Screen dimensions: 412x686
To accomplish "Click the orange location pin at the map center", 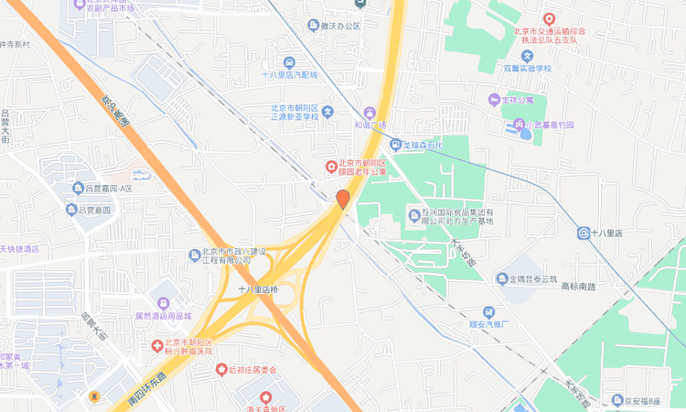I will tap(343, 199).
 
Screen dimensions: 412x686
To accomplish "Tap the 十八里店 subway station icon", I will tap(584, 233).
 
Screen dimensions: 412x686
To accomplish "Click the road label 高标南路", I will tap(577, 287).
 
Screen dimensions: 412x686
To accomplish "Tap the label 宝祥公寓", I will tap(522, 99).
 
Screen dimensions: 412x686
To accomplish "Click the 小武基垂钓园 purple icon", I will tap(519, 125).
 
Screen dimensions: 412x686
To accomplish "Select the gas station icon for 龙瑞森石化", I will tap(396, 144).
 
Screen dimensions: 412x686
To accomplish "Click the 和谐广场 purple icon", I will tap(370, 111).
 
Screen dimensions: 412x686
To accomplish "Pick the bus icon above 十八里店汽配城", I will tap(289, 62).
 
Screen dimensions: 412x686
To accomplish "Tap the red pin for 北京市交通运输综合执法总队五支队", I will tap(550, 18).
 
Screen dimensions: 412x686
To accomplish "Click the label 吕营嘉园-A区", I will tap(109, 189).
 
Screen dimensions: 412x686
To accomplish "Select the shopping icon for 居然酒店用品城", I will tap(163, 302).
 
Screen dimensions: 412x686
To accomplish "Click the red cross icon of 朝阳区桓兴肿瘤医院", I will tap(157, 345).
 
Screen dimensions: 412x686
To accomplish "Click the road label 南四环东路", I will tap(146, 389).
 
